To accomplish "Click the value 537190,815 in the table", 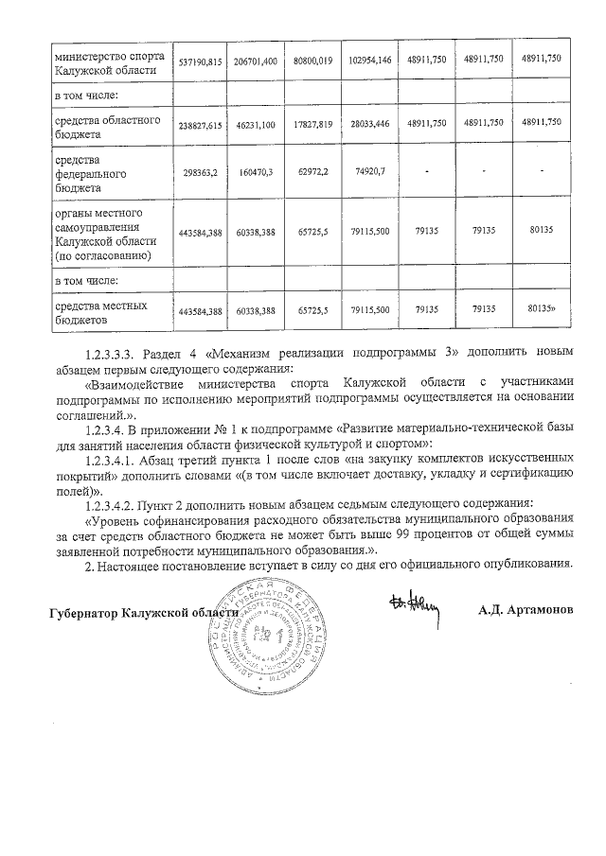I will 200,60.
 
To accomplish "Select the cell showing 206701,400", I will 256,60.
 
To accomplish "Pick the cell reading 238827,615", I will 200,124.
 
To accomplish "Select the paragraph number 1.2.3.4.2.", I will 113,502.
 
